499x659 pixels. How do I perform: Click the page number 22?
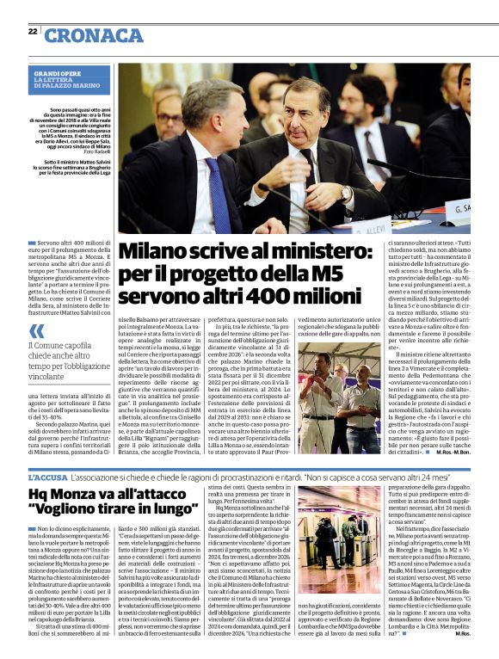click(32, 31)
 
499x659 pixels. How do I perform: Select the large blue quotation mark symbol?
click(34, 329)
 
